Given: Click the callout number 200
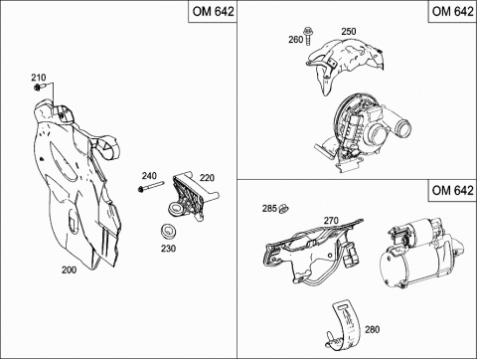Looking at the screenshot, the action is (69, 270).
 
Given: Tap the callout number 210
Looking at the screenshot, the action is (39, 78).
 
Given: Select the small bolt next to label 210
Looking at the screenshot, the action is (39, 88).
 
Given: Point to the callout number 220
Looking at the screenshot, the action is (207, 178).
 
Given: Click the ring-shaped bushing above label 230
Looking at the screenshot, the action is (169, 231).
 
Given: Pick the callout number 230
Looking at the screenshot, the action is (168, 249).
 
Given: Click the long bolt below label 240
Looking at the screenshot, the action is (151, 187).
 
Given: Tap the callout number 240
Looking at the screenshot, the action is (149, 175).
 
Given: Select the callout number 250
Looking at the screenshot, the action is (349, 32).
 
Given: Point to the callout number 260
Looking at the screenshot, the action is (296, 40).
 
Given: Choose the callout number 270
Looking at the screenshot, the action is (331, 221).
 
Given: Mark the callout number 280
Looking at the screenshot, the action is (372, 329).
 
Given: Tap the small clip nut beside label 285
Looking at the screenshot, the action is (283, 209).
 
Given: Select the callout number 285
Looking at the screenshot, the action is (269, 209).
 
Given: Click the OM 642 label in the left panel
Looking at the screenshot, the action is (214, 11).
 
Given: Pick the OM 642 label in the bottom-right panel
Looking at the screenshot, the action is (453, 190).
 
